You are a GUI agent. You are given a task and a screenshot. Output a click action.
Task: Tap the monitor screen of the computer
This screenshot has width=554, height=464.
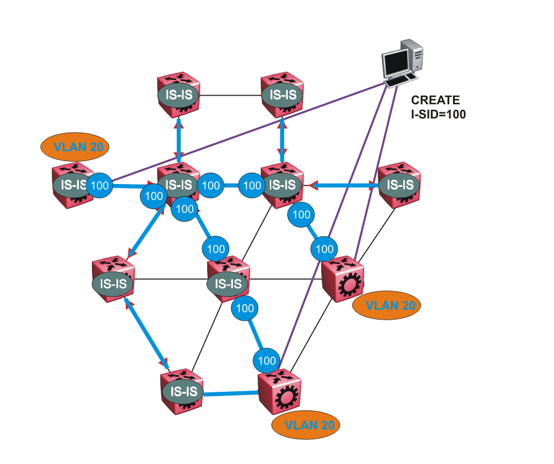[395, 62]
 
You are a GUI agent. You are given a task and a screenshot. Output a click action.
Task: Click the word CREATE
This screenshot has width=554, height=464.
[435, 100]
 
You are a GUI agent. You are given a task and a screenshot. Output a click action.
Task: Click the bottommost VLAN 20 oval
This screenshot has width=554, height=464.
[306, 425]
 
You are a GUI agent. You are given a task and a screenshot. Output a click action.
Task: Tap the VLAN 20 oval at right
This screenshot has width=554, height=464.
[393, 305]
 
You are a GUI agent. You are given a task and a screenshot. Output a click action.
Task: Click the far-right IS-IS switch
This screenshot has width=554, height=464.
[399, 184]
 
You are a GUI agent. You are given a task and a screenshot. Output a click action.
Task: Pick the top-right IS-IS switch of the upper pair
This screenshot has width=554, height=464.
[282, 95]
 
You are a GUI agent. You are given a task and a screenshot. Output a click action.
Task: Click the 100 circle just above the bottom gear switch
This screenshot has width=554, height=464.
[267, 360]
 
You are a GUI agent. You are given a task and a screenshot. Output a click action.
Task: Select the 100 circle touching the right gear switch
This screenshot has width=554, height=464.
[325, 250]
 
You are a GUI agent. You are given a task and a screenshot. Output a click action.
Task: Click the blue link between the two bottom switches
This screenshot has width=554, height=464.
[230, 392]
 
